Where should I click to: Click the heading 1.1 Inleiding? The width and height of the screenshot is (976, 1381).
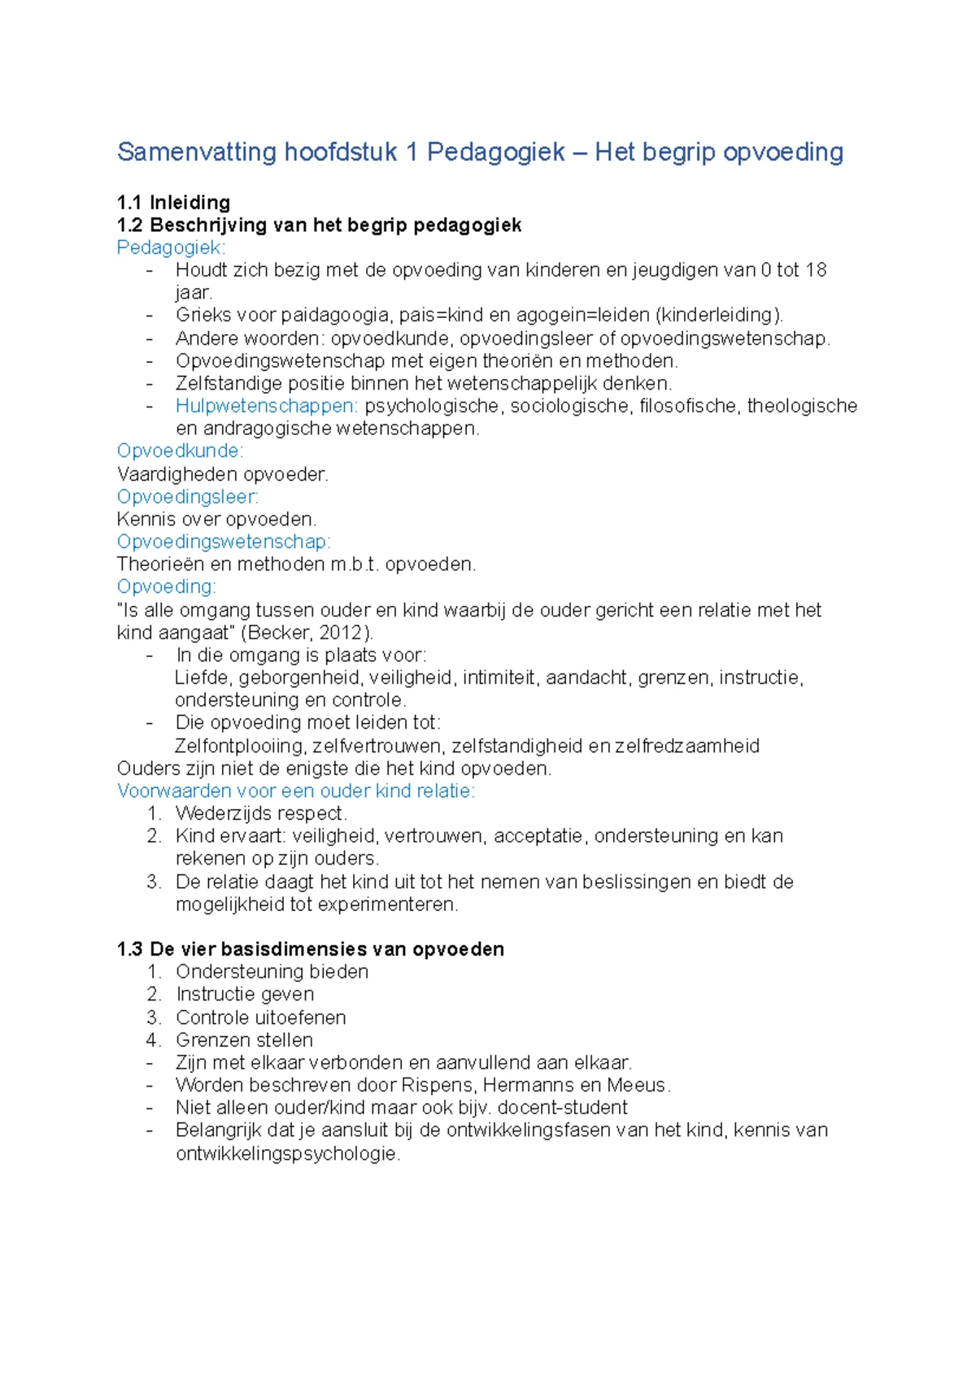coord(173,203)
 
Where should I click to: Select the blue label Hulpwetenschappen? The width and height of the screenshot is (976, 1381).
coord(266,406)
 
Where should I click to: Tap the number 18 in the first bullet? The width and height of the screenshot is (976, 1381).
coord(816,270)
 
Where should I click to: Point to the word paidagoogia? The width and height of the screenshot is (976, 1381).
coord(335,316)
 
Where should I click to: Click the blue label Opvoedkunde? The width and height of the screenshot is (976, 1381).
coord(180,451)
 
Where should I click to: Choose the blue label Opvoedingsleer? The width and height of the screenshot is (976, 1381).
coord(187,496)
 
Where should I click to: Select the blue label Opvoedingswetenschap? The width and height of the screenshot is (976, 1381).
coord(224,542)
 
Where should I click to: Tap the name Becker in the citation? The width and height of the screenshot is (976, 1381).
coord(281,633)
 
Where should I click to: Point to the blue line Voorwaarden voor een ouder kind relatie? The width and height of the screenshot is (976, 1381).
coord(295,791)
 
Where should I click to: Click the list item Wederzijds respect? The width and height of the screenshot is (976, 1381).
coord(261,813)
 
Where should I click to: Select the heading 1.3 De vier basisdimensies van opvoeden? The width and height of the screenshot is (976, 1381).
coord(310,949)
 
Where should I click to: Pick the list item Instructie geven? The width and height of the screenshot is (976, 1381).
coord(245,994)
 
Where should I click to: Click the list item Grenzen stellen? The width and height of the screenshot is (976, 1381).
coord(244,1039)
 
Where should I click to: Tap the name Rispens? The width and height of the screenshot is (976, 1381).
coord(438,1085)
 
